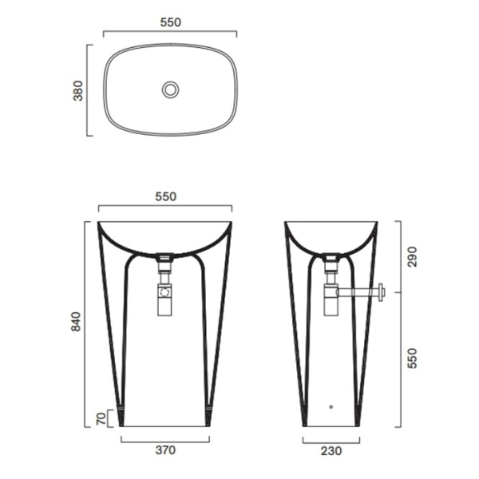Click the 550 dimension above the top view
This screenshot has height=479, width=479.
171,22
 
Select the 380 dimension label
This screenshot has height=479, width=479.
78,91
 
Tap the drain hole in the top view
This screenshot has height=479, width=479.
171,89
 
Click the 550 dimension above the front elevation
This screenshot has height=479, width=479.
166,196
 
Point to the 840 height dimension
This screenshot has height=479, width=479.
76,322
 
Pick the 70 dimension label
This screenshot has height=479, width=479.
101,418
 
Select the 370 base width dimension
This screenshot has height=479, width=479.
165,450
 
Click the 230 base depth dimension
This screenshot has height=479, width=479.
331,451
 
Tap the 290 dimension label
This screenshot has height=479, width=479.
412,256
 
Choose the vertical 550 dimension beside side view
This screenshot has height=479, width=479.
412,358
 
